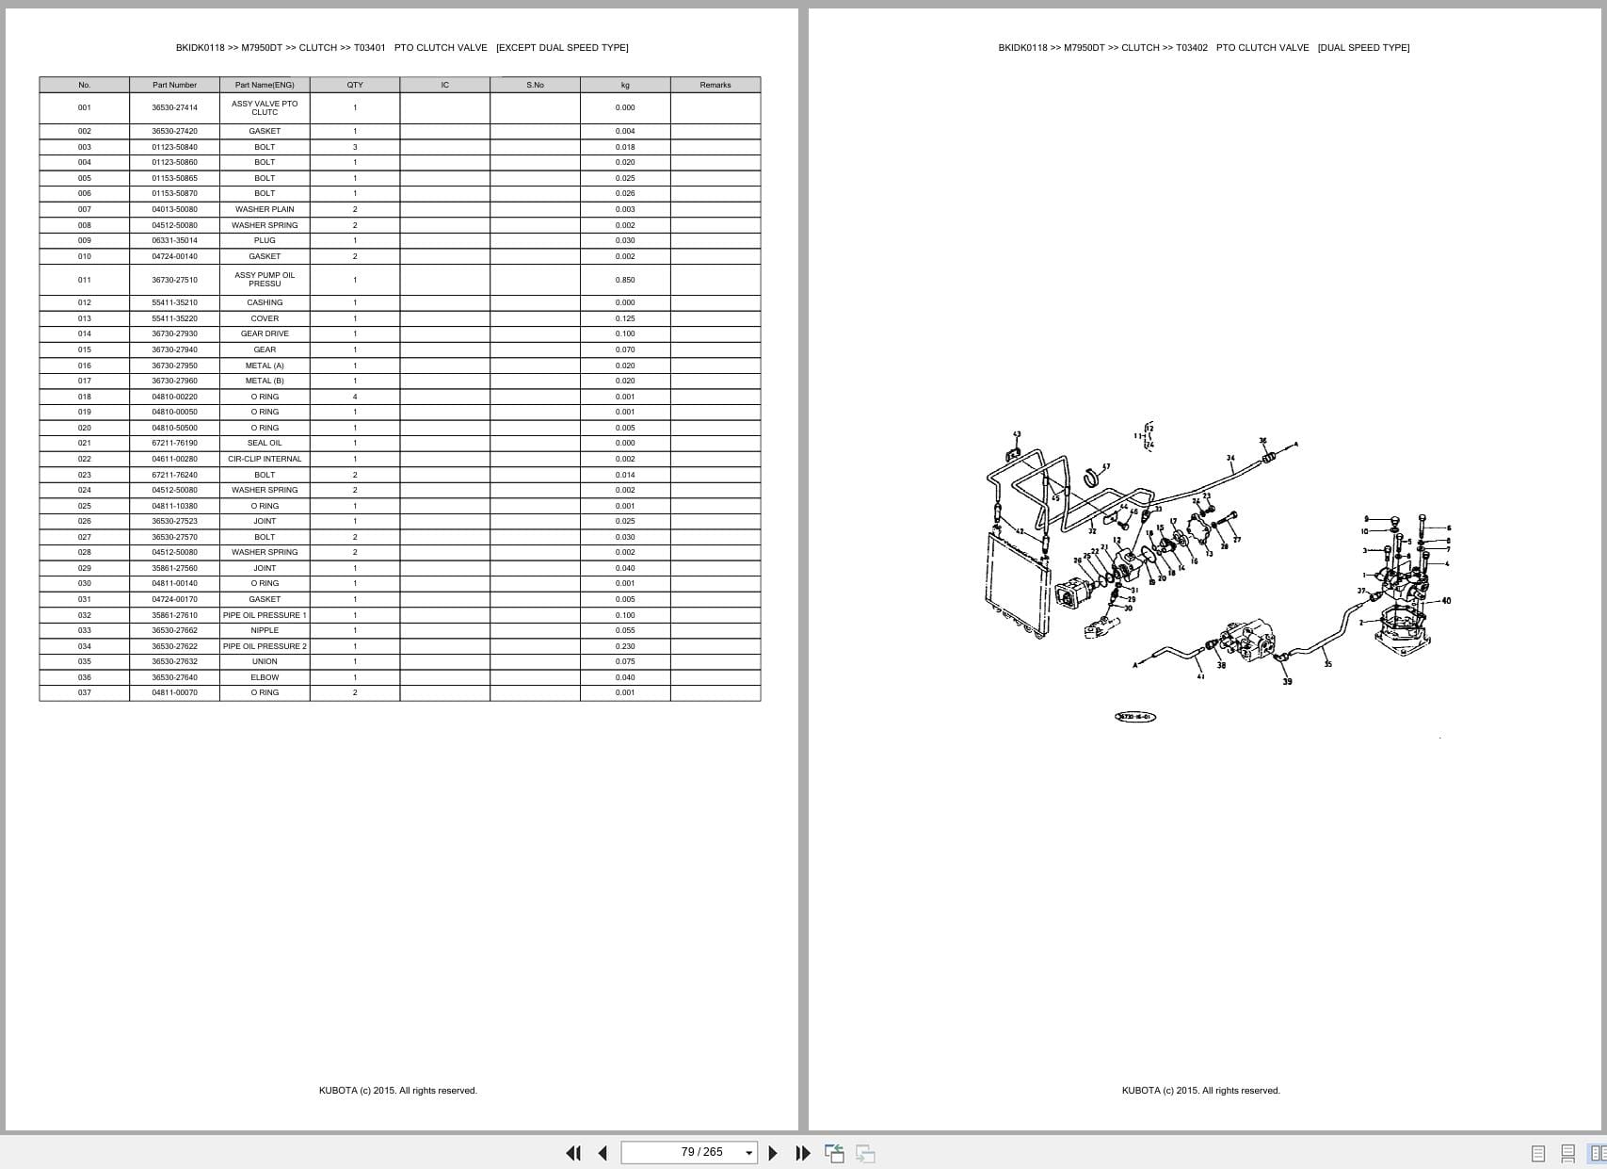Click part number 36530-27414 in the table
tap(174, 107)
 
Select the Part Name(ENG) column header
tap(265, 85)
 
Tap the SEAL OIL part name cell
tap(265, 443)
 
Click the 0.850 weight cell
tap(625, 280)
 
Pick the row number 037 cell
tap(85, 692)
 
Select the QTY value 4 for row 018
tap(355, 397)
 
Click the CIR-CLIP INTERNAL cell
tap(265, 459)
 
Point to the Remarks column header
tap(715, 85)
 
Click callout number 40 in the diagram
tap(1446, 600)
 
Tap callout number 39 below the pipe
tap(1287, 681)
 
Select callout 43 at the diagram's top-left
tap(1017, 435)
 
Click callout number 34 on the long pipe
tap(1230, 458)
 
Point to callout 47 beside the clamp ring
tap(1106, 466)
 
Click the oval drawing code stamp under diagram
tap(1134, 717)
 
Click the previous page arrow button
tap(603, 1153)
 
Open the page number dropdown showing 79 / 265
tap(749, 1153)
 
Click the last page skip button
tap(803, 1153)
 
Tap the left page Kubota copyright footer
tap(397, 1090)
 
